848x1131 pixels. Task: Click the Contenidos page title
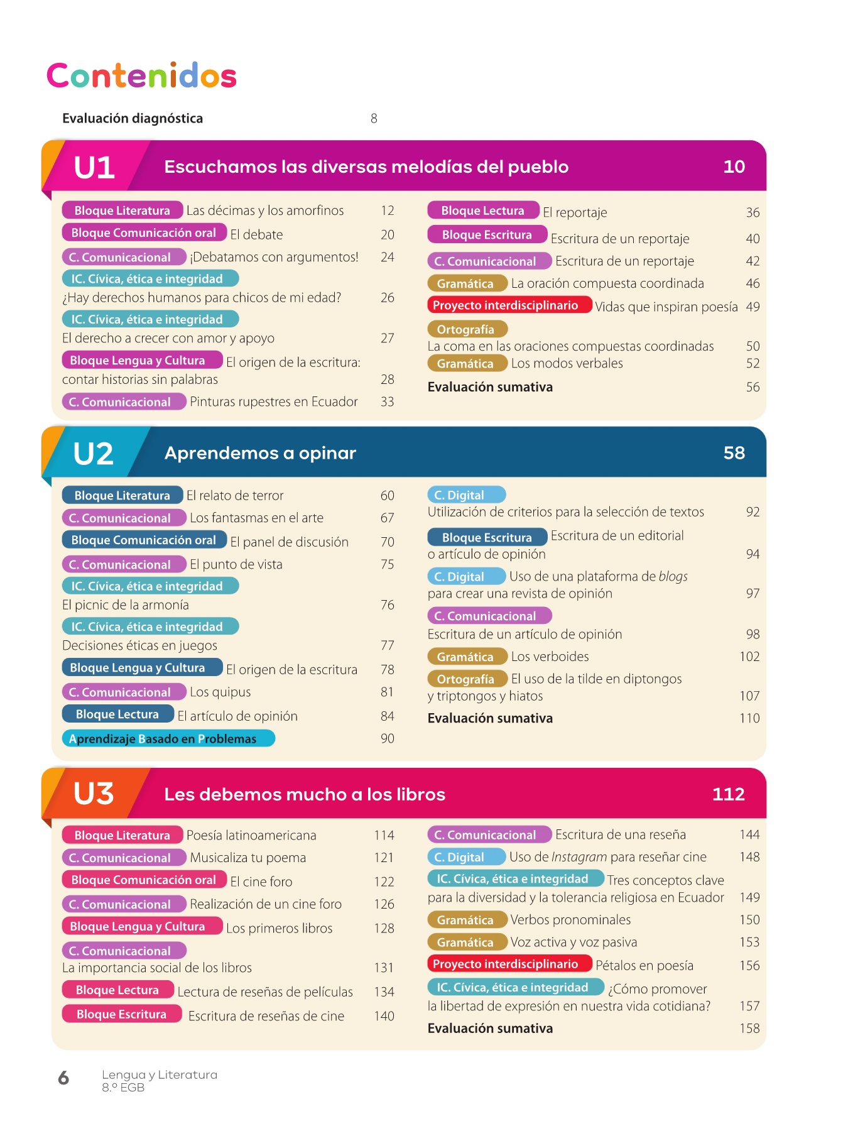click(141, 76)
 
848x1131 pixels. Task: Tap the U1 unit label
click(94, 168)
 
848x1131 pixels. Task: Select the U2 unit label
click(93, 454)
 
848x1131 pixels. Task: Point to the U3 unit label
click(94, 794)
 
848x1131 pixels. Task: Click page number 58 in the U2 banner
click(734, 453)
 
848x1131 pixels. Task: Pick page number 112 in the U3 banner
click(728, 794)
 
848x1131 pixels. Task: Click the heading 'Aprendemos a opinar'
click(260, 453)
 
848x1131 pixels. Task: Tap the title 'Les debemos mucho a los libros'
click(305, 794)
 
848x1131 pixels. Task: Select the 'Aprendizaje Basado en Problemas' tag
click(168, 739)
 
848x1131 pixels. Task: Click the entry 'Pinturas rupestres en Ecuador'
click(274, 402)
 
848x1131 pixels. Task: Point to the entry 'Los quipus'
click(220, 692)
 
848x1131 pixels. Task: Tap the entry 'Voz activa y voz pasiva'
click(573, 942)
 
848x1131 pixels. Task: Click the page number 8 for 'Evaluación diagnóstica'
click(374, 119)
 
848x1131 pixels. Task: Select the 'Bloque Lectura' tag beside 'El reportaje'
click(482, 211)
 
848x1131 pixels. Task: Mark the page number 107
click(749, 696)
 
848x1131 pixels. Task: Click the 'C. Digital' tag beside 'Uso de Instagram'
click(465, 857)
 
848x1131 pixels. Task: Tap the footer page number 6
click(63, 1078)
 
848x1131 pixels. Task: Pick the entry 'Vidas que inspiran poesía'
click(666, 307)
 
